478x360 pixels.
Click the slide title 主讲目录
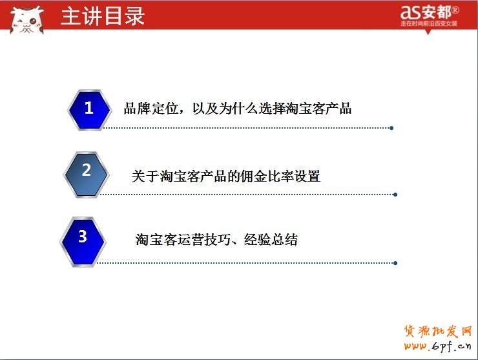[102, 16]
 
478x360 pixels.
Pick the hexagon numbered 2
[87, 171]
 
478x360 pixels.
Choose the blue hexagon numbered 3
[83, 238]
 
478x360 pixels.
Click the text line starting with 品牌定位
[238, 109]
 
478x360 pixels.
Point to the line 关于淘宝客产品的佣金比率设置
[225, 176]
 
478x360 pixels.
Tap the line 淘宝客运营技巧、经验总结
[216, 240]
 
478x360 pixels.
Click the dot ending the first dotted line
[391, 128]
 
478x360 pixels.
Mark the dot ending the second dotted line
[395, 194]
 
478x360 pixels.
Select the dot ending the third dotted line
[395, 263]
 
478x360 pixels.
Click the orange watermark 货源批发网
[438, 332]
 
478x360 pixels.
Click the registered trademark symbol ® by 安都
[455, 10]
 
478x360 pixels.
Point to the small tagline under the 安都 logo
[429, 24]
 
